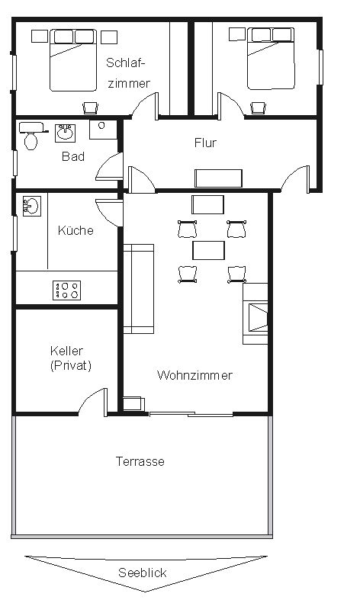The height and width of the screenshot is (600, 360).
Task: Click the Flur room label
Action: pos(205,143)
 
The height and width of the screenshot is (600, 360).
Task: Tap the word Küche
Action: pos(76,230)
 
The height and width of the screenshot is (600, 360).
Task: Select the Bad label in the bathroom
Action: pos(73,156)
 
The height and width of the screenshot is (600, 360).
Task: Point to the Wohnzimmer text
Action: pos(194,375)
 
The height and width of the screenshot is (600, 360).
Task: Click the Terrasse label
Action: pos(140,461)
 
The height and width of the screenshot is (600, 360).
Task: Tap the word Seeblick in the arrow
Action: pos(143,573)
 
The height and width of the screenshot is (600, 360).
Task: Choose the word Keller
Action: pos(66,351)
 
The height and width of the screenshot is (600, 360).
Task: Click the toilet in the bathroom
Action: pos(31,136)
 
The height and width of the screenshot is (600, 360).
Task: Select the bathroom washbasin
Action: pos(65,133)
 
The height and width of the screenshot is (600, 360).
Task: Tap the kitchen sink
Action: pos(32,207)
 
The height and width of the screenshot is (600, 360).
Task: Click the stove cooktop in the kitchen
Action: pos(66,290)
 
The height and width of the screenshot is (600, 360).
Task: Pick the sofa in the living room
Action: pos(139,289)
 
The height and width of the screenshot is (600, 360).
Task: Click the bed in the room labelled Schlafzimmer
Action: pos(72,60)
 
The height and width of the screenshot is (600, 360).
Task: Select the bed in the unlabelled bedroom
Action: pos(271,58)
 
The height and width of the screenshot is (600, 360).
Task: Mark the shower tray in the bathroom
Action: pos(103,130)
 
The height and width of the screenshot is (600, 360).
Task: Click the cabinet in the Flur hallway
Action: pos(218,178)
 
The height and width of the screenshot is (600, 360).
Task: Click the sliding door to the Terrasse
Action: pos(191,414)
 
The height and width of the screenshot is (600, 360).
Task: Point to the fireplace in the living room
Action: pos(255,314)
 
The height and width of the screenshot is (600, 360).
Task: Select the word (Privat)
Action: pos(71,366)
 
